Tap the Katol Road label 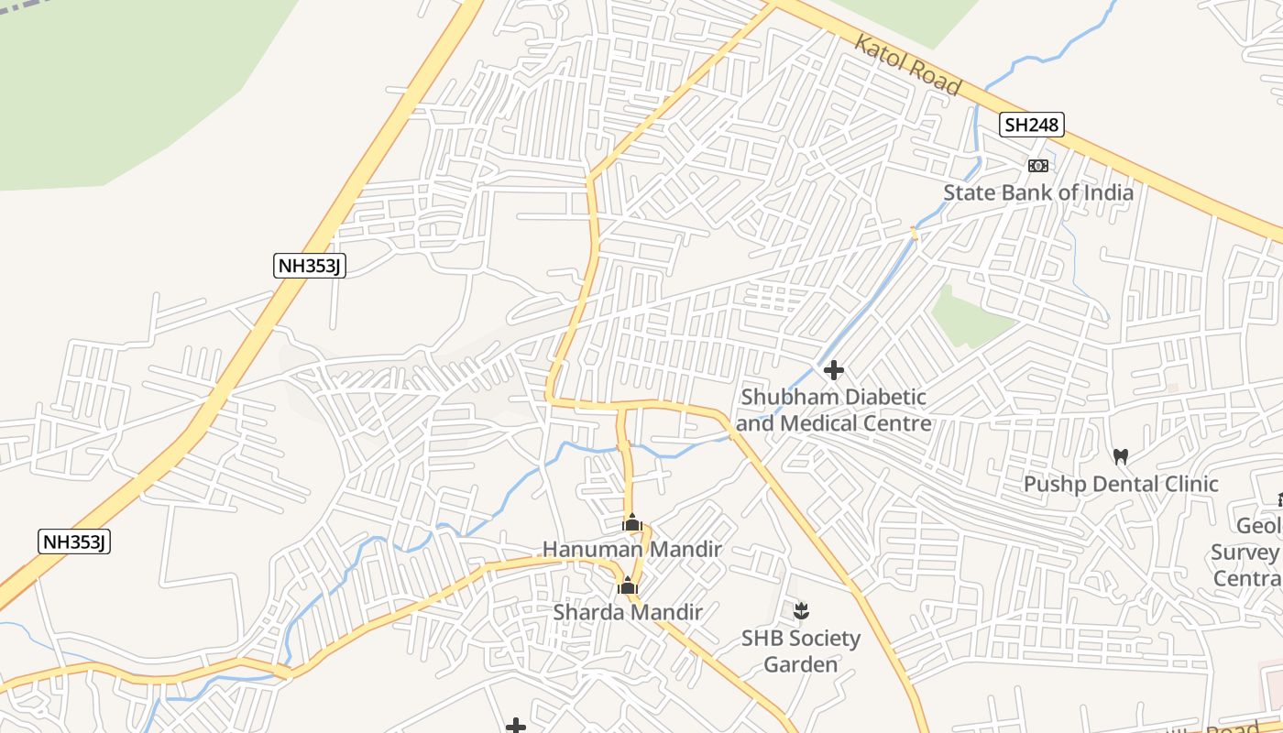tap(908, 65)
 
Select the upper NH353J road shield tap(310, 266)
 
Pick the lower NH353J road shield tap(75, 542)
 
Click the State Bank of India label tap(1037, 192)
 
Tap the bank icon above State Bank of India tap(1037, 166)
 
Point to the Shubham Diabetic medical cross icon tap(834, 370)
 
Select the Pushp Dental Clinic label tap(1121, 484)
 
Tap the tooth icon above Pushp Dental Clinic tap(1120, 456)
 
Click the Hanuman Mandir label tap(632, 550)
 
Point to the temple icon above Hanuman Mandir tap(631, 523)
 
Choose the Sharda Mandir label tap(628, 612)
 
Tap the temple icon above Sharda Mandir tap(628, 585)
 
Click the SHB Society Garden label tap(801, 651)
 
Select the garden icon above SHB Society tap(801, 610)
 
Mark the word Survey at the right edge tap(1245, 552)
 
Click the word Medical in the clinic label tap(819, 423)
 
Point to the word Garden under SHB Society tap(801, 664)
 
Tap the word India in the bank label tap(1109, 192)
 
